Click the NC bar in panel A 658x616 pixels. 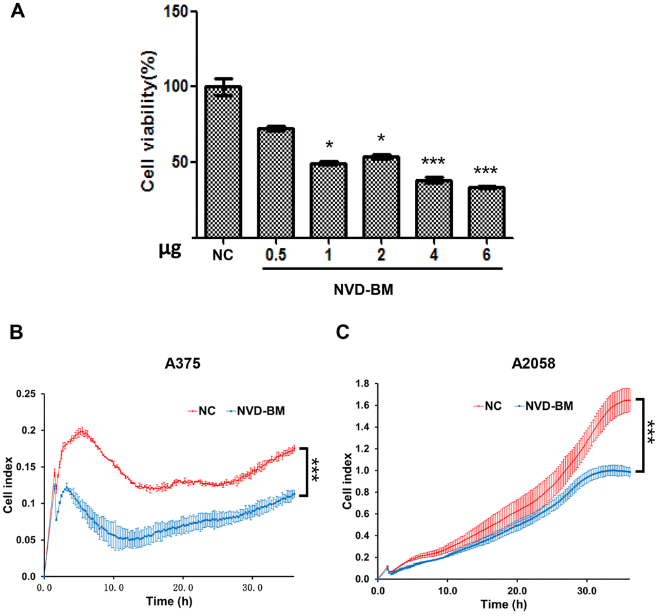click(x=223, y=161)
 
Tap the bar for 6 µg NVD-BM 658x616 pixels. click(x=486, y=212)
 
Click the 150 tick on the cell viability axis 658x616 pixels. click(x=181, y=11)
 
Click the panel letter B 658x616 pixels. click(x=19, y=333)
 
